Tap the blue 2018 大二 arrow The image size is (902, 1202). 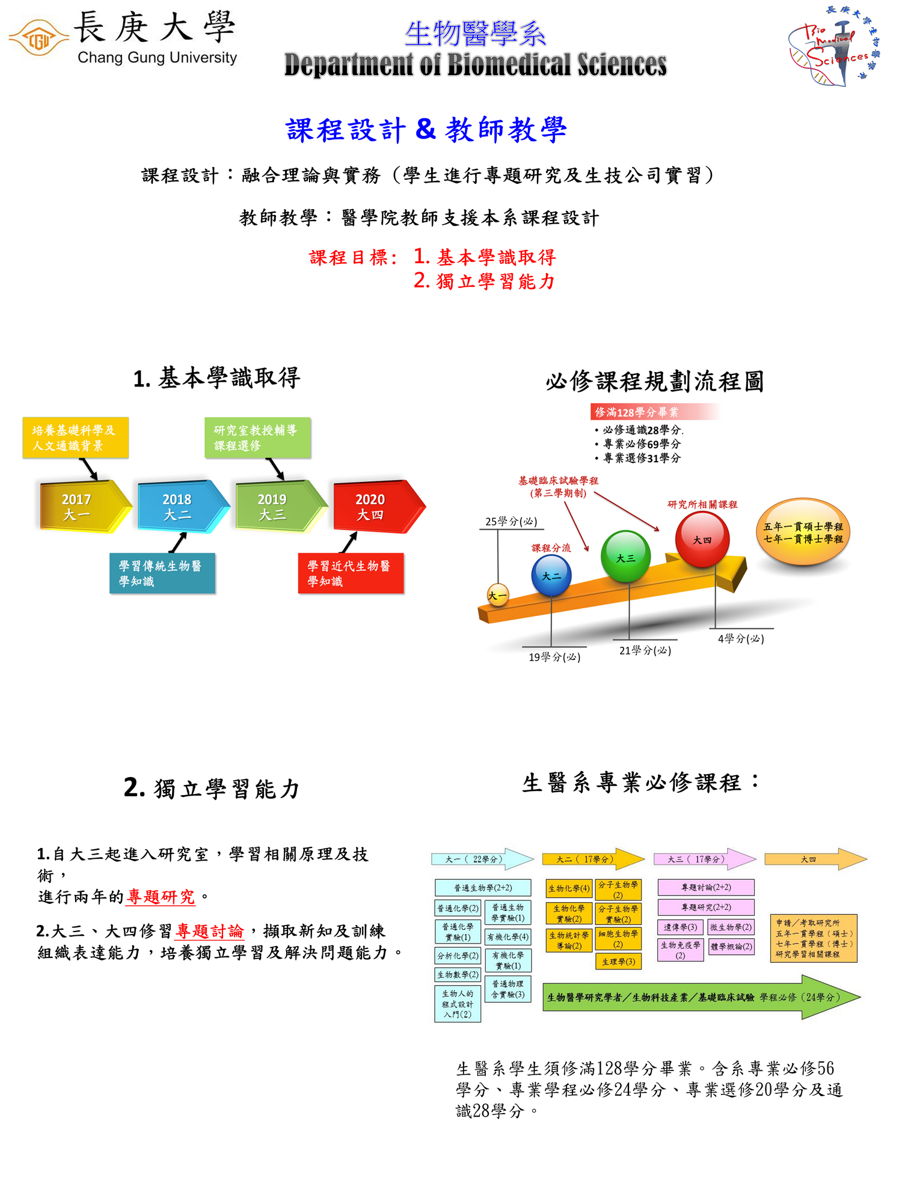click(179, 507)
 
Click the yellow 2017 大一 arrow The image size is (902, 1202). click(81, 507)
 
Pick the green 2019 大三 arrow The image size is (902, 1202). click(277, 507)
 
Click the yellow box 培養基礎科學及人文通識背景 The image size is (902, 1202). click(75, 438)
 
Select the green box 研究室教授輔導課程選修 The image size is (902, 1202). click(257, 438)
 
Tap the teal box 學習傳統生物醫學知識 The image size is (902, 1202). click(162, 573)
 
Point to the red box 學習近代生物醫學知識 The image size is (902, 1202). click(351, 573)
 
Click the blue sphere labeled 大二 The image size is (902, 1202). click(551, 575)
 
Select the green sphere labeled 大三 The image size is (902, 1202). click(625, 557)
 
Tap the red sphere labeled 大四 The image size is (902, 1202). click(702, 539)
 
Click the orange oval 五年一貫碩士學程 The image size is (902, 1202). click(803, 532)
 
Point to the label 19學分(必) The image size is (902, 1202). click(554, 657)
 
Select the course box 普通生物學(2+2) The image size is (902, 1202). click(483, 888)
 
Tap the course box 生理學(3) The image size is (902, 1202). click(618, 962)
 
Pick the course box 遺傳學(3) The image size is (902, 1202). click(680, 927)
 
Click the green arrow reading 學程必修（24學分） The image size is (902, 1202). click(701, 997)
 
